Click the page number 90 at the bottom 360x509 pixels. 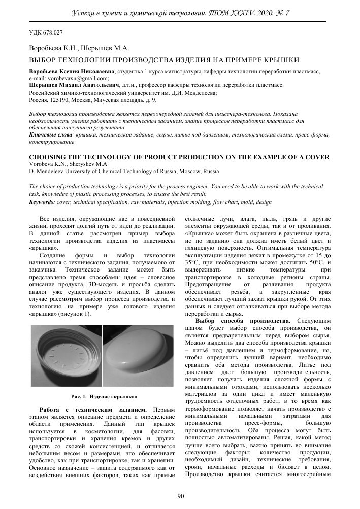(180, 496)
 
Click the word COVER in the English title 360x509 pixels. (316, 156)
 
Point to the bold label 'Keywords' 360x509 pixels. (42, 202)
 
